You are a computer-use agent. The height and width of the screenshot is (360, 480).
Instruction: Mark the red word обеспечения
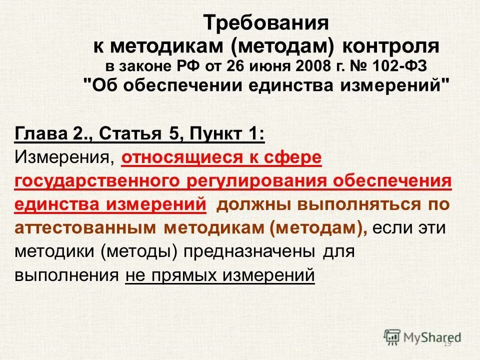coord(394,181)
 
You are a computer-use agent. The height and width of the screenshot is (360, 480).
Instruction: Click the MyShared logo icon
coord(393,336)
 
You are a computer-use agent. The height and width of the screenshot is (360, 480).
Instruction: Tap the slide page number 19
coord(447,343)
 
